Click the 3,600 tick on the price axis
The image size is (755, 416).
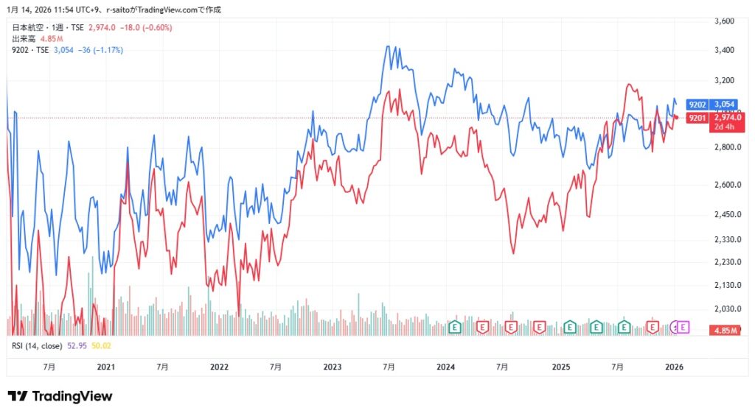[x=725, y=21]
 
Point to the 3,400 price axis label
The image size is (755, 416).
[x=725, y=50]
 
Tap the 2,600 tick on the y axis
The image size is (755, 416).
[x=725, y=185]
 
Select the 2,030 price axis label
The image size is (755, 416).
[x=725, y=309]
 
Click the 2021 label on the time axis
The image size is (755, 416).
[x=106, y=367]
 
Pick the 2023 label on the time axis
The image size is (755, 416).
[x=333, y=367]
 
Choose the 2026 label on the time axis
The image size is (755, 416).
[x=675, y=367]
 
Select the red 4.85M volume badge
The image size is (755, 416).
[x=727, y=331]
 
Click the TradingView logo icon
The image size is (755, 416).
[x=18, y=396]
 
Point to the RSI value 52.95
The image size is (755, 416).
[x=77, y=345]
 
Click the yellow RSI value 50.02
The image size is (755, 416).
[x=101, y=345]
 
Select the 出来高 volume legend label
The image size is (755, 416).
[x=22, y=38]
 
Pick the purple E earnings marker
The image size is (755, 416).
[x=683, y=326]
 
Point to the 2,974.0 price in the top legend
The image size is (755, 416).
[x=102, y=27]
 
